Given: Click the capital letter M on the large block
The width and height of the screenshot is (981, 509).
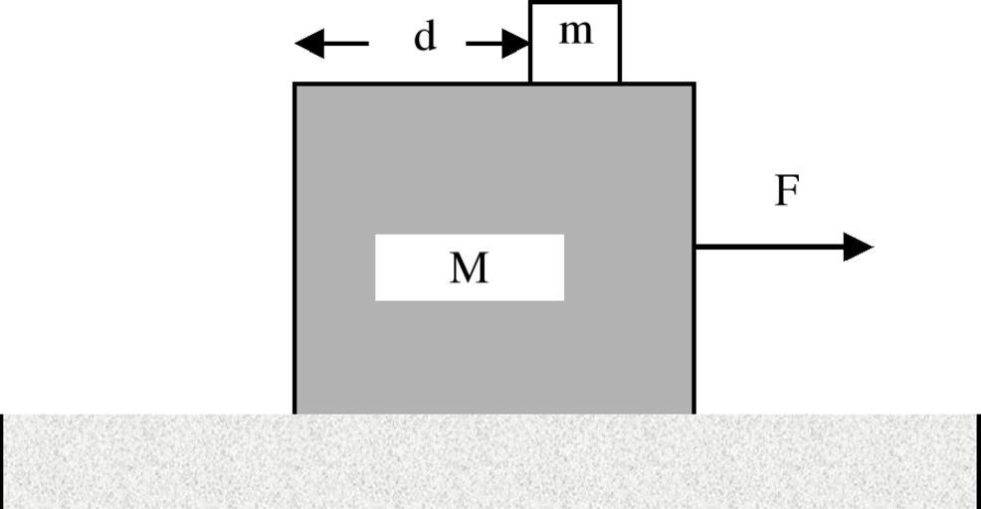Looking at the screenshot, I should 469,267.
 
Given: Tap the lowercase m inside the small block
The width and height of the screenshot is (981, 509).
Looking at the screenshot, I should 575,33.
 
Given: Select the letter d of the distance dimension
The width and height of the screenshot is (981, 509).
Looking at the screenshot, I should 425,38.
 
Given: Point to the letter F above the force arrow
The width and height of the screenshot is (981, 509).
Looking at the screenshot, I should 787,190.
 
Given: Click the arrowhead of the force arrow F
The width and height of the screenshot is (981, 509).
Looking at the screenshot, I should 859,247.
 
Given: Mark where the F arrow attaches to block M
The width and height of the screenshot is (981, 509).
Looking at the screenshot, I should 694,247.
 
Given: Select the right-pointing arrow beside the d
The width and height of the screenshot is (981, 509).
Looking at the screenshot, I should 497,44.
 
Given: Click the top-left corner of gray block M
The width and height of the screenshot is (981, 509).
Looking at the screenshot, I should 294,85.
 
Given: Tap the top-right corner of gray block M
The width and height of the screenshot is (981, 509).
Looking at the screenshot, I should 693,85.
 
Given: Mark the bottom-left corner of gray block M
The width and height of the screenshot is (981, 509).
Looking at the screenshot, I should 294,413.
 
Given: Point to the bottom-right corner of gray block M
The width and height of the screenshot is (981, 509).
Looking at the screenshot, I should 693,413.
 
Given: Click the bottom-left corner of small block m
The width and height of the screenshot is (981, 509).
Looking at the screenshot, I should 530,83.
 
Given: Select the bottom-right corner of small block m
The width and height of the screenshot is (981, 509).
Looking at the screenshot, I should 620,83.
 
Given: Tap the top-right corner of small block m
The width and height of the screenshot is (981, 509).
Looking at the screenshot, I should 620,3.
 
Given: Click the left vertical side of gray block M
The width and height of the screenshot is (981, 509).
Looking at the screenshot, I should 294,249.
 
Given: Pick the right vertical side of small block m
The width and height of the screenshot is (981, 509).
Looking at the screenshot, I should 620,43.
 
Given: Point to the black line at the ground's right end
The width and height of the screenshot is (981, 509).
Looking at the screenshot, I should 978,461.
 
